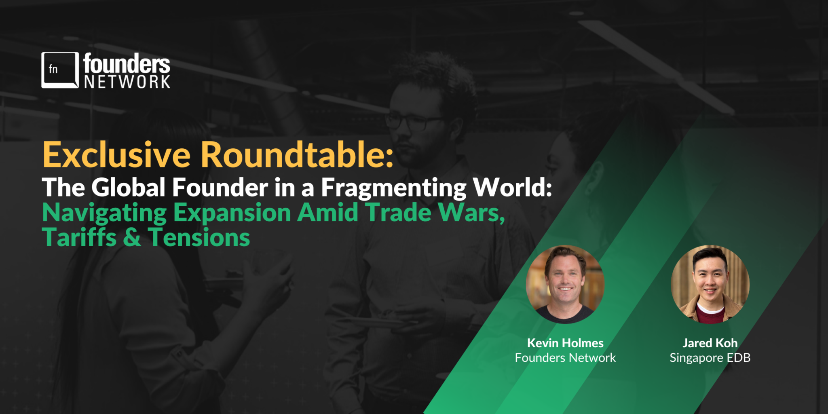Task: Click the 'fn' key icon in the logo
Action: (x=60, y=70)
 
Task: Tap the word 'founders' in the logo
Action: (x=127, y=63)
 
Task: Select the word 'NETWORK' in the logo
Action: (x=127, y=82)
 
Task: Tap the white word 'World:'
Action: (x=513, y=187)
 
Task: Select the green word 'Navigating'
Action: (x=104, y=213)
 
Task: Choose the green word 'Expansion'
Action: (x=232, y=213)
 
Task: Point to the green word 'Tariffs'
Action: (x=79, y=237)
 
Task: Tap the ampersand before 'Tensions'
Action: (x=132, y=238)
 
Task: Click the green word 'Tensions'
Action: (x=199, y=237)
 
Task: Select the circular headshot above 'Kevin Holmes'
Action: (x=565, y=284)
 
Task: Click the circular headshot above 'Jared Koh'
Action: (x=710, y=284)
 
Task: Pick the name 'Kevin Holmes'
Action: (x=565, y=343)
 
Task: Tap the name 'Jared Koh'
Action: (x=710, y=343)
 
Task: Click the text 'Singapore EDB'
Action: (x=710, y=358)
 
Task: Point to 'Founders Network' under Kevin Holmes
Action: (x=565, y=357)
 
